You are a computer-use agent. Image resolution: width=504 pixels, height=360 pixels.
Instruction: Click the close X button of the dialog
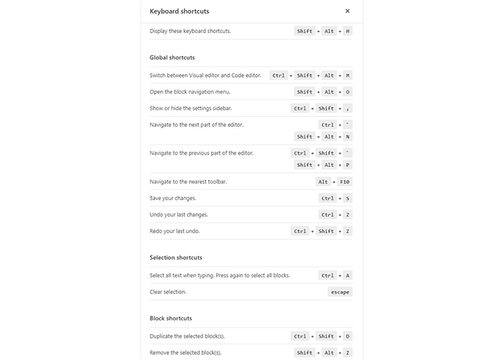coord(348,12)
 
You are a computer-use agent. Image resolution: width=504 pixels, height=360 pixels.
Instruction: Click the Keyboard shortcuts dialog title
coord(179,12)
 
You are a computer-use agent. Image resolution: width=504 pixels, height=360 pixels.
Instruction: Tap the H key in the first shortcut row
coord(348,32)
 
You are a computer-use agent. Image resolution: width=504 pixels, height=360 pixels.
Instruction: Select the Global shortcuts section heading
coord(172,58)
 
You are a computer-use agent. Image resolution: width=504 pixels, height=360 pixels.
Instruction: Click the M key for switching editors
coord(348,76)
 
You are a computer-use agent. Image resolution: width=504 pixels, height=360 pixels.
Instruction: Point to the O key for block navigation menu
coord(348,92)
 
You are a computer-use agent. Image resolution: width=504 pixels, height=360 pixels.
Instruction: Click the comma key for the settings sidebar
coord(348,109)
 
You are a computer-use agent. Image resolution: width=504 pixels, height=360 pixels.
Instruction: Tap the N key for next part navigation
coord(348,137)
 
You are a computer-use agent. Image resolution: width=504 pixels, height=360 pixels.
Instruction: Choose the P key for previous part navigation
coord(348,165)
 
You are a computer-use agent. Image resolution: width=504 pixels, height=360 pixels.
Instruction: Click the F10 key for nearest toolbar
coord(345,182)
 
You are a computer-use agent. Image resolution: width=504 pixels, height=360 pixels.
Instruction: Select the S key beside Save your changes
coord(348,199)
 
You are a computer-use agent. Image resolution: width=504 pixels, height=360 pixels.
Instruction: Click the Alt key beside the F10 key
coord(323,182)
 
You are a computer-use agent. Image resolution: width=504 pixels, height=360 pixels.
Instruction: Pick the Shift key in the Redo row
coord(326,231)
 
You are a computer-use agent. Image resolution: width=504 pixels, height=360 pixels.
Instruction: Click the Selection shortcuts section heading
coord(176,258)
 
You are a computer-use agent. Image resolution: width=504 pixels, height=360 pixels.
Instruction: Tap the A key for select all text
coord(348,275)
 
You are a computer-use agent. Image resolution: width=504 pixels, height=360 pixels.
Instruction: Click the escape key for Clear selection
coord(340,292)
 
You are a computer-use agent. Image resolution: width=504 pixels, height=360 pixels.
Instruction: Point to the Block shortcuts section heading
coord(171,318)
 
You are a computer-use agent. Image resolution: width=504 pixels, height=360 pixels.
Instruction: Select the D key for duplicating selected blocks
coord(348,336)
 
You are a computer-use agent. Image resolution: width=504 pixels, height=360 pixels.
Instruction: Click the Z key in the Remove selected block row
coord(348,353)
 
